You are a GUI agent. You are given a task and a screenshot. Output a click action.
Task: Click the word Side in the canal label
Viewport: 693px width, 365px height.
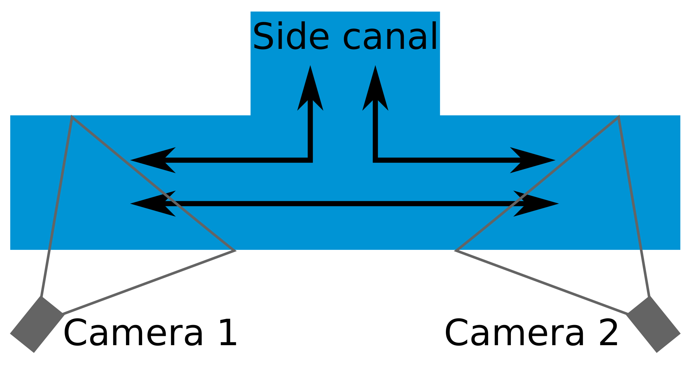tap(291, 37)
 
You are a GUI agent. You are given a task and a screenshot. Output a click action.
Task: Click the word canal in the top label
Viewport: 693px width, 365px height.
tap(390, 37)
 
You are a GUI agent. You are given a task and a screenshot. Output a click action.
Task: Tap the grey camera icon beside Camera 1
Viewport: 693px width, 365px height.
tap(37, 325)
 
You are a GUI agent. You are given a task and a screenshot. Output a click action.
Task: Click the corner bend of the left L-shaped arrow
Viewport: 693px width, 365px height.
tap(310, 160)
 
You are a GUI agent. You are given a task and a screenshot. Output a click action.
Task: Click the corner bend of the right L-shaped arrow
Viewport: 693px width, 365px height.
tap(375, 160)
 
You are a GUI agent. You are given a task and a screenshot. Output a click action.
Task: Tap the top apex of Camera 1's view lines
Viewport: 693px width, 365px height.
tap(72, 117)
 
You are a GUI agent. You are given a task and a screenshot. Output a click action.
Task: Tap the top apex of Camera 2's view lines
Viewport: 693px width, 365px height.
tap(619, 117)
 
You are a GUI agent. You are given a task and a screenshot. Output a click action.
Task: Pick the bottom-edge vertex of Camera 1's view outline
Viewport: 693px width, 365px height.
tap(234, 251)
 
